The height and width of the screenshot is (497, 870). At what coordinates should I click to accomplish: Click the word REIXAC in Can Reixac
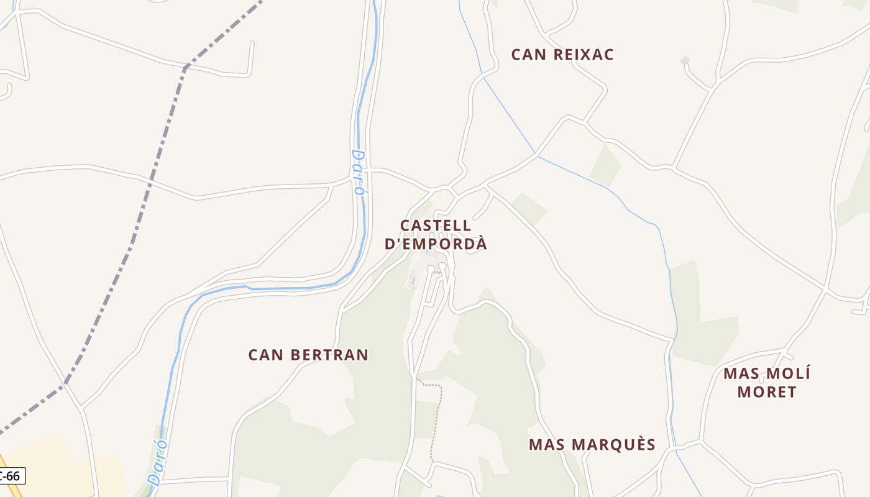point(583,55)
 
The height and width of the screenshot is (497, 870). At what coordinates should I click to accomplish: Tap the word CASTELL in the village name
point(436,226)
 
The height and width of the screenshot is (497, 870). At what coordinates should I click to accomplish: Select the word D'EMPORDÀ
point(436,244)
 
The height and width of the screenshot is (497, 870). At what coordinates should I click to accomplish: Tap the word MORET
point(767,392)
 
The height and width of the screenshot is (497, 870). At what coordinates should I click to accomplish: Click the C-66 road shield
point(11,476)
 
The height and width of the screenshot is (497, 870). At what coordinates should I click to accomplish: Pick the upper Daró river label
point(358,172)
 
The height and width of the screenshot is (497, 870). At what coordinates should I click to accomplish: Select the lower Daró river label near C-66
point(158,462)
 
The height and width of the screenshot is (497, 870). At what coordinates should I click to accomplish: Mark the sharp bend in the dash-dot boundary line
point(185,67)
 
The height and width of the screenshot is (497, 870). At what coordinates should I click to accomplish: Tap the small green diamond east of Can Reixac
point(685,60)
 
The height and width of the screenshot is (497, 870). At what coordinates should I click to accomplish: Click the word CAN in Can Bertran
point(265,355)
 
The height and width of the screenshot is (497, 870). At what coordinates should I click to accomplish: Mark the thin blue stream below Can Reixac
point(510,118)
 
